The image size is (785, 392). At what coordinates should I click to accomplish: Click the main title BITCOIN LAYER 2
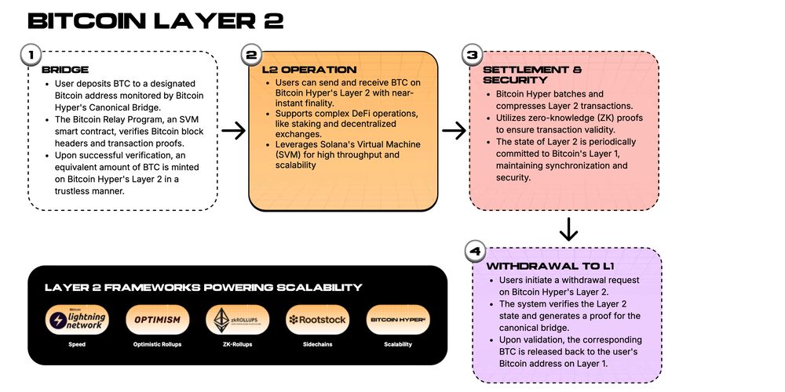(155, 20)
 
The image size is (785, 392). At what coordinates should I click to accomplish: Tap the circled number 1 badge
(31, 55)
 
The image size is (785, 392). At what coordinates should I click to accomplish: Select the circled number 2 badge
(251, 55)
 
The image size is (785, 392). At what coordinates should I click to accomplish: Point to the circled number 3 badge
(472, 55)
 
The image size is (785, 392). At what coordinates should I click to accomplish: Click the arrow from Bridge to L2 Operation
(233, 130)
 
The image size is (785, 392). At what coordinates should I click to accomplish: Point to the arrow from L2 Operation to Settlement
(454, 130)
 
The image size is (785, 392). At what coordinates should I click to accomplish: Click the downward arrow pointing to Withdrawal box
(568, 230)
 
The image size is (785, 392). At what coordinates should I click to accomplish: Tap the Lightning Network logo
(76, 320)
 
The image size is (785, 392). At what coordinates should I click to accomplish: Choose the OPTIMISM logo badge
(157, 320)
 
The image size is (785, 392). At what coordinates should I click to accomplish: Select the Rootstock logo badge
(318, 320)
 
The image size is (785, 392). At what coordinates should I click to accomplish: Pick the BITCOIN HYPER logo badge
(398, 320)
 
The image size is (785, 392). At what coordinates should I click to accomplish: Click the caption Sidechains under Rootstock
(318, 345)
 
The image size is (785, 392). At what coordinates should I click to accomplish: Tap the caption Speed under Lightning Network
(76, 345)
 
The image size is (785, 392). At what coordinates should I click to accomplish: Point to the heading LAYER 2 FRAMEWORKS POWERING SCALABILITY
(203, 287)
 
